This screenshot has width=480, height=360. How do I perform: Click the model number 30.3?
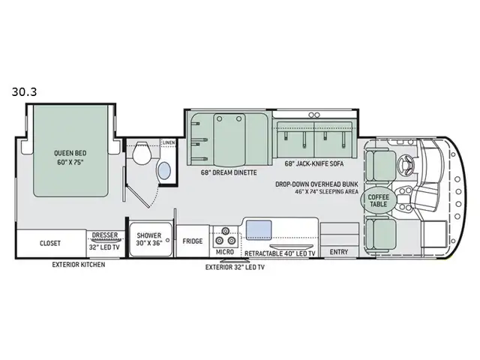tap(24, 91)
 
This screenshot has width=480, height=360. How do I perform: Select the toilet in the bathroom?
tap(142, 153)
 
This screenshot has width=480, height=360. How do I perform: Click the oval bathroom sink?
tap(164, 171)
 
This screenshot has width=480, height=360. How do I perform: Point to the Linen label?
tap(169, 143)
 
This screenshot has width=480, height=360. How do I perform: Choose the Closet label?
tap(50, 243)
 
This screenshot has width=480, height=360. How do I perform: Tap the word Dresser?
tap(105, 235)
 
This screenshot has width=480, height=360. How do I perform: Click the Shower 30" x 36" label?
tap(149, 239)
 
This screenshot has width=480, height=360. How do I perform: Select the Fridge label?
tap(193, 241)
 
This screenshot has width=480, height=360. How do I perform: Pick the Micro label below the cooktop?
tap(225, 252)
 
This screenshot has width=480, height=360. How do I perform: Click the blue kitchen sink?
tap(259, 229)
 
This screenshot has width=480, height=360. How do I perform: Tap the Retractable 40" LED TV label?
tap(280, 253)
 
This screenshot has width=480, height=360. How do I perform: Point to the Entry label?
tap(339, 252)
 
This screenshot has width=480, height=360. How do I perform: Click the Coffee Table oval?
tap(379, 200)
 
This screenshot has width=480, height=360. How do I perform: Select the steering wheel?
tap(406, 164)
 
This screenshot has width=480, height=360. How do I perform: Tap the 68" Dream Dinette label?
tap(229, 172)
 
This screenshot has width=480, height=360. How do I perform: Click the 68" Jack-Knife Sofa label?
tap(314, 163)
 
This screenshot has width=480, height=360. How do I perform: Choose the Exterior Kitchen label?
tap(79, 265)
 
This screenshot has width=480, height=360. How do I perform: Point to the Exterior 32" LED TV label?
tap(235, 267)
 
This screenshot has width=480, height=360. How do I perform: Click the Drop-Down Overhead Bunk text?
tap(316, 184)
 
